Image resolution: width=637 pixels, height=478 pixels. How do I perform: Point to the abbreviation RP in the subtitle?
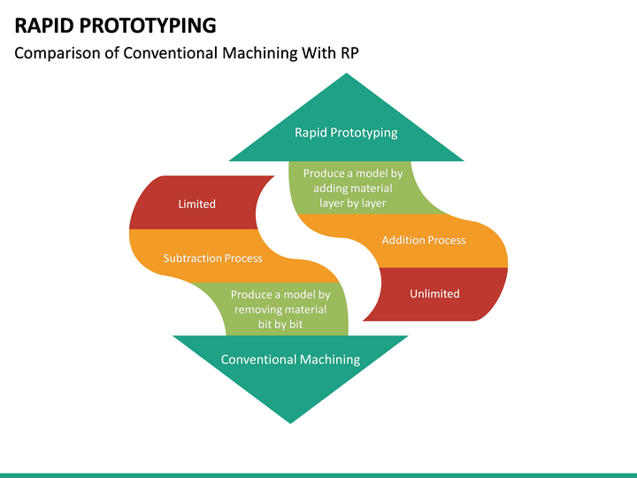click(349, 52)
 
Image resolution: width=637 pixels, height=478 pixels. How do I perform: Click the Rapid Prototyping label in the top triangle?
click(346, 133)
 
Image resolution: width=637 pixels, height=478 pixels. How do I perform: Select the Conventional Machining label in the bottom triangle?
click(290, 359)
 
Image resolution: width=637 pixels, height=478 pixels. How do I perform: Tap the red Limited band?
click(196, 204)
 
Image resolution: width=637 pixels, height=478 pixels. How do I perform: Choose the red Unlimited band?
click(434, 293)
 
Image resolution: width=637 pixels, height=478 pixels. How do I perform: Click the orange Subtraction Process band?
click(212, 258)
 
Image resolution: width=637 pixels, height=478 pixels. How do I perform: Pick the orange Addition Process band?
click(423, 240)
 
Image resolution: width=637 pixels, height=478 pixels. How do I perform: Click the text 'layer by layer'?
click(353, 203)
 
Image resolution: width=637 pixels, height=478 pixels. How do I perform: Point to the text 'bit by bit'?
click(280, 325)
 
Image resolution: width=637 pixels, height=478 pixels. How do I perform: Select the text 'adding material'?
click(353, 189)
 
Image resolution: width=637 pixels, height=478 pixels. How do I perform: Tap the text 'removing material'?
click(280, 310)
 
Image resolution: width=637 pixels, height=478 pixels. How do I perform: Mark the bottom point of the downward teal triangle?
click(290, 420)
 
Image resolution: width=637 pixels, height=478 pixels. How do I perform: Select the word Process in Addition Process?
click(447, 240)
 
